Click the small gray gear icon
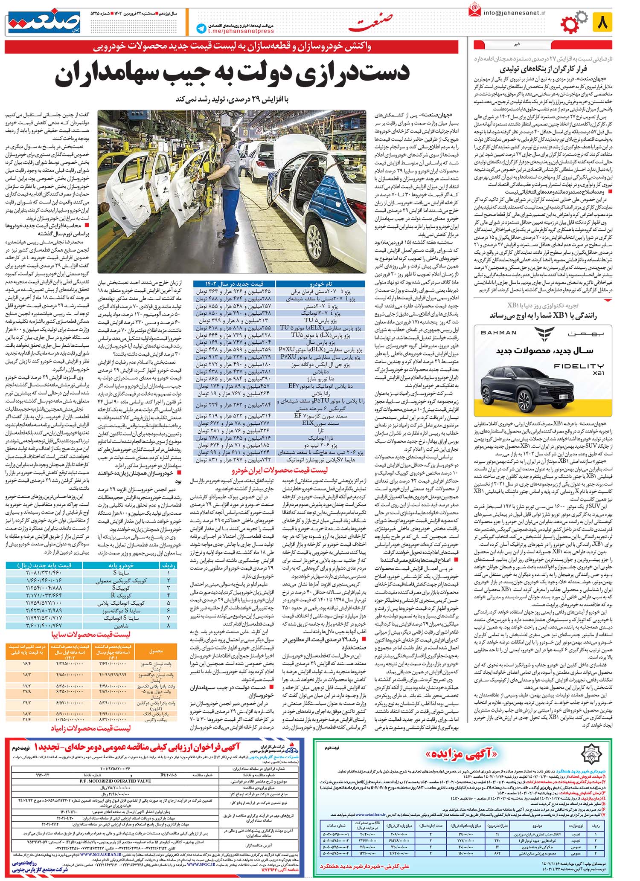click(581, 17)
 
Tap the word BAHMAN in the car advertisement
click(498, 333)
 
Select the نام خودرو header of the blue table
click(320, 284)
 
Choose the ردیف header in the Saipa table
click(167, 565)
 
